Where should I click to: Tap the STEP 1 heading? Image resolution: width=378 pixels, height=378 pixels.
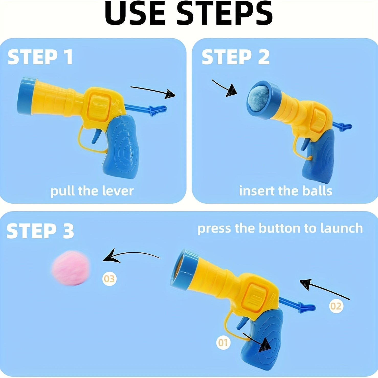tap(40, 57)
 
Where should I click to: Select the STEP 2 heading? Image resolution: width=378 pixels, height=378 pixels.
tap(236, 57)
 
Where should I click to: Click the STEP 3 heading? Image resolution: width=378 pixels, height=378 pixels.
tap(40, 231)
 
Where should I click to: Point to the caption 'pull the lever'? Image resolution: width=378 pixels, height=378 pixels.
tap(92, 191)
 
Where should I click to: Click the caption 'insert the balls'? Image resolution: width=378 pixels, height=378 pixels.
tap(285, 191)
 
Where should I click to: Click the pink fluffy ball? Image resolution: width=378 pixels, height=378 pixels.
tap(71, 268)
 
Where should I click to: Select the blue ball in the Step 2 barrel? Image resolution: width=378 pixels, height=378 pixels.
tap(258, 98)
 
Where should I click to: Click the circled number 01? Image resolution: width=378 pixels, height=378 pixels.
tap(223, 342)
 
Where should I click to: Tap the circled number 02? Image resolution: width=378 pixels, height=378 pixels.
tap(336, 306)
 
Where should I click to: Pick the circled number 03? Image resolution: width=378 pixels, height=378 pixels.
tap(109, 279)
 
